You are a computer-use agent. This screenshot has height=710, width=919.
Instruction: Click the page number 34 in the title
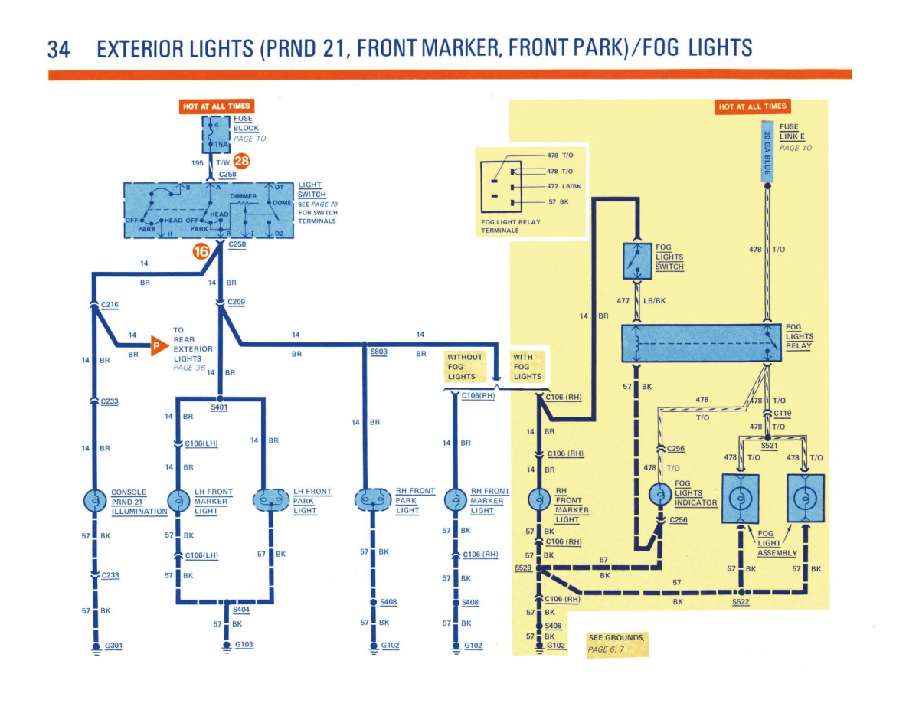(59, 49)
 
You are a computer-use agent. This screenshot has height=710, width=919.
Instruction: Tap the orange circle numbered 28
(242, 162)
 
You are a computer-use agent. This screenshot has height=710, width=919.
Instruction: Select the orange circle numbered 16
(201, 250)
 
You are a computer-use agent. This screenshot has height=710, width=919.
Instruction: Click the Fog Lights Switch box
(636, 260)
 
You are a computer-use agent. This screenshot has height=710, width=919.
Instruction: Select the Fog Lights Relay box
(701, 342)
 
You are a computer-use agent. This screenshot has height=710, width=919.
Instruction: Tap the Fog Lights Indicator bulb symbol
(659, 496)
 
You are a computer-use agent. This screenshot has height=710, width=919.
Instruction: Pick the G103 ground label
(244, 645)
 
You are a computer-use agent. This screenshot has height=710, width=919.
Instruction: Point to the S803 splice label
(379, 352)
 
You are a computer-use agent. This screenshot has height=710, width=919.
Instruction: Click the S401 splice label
(219, 407)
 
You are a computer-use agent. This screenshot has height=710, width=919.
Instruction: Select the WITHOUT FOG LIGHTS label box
(465, 366)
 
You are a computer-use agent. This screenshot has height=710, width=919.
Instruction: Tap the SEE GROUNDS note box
(617, 643)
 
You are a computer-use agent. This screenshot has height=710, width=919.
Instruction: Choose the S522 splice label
(741, 602)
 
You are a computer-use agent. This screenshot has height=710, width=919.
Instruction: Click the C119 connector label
(782, 413)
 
